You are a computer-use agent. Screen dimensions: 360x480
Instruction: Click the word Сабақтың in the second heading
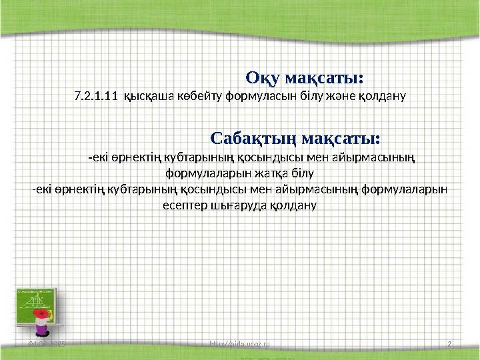[x=253, y=139]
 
